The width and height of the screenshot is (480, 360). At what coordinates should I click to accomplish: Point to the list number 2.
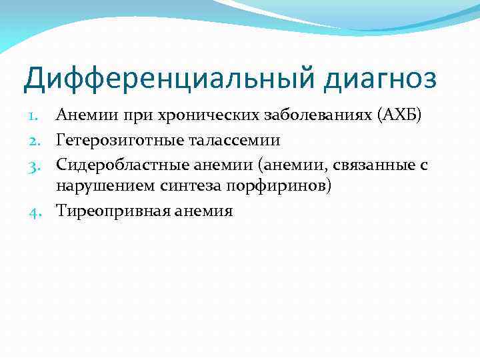37,140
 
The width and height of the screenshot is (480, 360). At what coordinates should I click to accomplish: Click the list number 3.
37,164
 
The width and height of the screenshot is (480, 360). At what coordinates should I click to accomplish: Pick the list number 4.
37,211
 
